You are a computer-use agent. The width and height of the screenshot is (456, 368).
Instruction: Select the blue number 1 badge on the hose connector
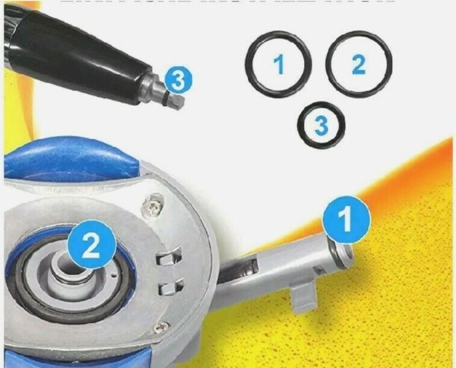(x=345, y=220)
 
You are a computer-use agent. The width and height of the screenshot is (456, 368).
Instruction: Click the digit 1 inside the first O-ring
(x=278, y=64)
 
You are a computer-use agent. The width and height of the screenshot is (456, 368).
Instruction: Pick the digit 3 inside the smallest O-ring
(x=322, y=125)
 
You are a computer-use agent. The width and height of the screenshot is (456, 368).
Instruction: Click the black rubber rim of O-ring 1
(x=249, y=64)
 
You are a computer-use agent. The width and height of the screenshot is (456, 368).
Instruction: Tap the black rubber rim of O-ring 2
(x=330, y=63)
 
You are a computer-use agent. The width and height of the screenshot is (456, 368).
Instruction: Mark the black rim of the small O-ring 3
(x=302, y=125)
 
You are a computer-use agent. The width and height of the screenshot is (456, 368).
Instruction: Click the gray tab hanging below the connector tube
(x=303, y=297)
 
